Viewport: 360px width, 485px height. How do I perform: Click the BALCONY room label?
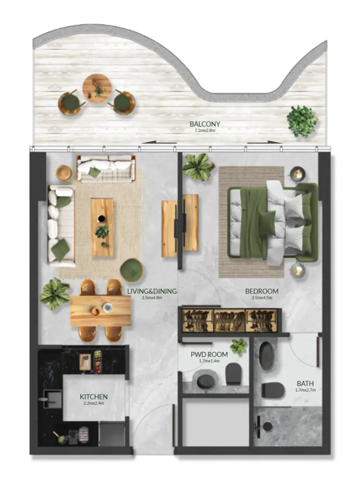pyautogui.click(x=204, y=124)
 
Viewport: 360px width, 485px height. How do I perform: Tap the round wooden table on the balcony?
pyautogui.click(x=97, y=89)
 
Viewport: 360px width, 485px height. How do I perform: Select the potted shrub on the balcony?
pyautogui.click(x=301, y=121)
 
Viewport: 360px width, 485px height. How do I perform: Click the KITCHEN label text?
pyautogui.click(x=93, y=396)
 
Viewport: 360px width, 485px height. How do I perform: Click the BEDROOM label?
pyautogui.click(x=262, y=291)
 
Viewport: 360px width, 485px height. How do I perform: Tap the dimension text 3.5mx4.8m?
pyautogui.click(x=152, y=298)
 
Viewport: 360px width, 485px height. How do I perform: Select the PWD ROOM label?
pyautogui.click(x=209, y=354)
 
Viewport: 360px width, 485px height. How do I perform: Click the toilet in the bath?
pyautogui.click(x=273, y=390)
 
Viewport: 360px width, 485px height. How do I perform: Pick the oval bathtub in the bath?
pyautogui.click(x=267, y=356)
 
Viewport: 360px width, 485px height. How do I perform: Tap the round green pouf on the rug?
pyautogui.click(x=132, y=270)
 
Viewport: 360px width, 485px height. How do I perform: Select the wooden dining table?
pyautogui.click(x=101, y=311)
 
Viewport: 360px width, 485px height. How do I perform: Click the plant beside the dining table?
pyautogui.click(x=55, y=294)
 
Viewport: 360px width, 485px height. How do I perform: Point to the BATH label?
pyautogui.click(x=305, y=384)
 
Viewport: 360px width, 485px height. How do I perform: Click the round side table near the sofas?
pyautogui.click(x=64, y=172)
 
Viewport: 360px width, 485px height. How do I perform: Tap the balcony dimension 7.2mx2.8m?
pyautogui.click(x=204, y=131)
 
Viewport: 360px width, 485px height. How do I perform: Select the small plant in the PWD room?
pyautogui.click(x=238, y=346)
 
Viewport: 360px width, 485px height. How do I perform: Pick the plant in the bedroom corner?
pyautogui.click(x=198, y=167)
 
